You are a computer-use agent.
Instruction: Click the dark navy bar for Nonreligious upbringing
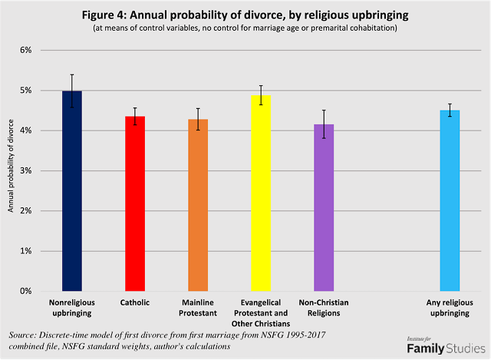coord(71,192)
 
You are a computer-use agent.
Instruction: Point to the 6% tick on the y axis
coord(25,50)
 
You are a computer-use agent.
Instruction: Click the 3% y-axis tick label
coord(25,170)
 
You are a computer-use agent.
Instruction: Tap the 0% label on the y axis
coord(25,291)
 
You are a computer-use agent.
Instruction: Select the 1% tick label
coord(25,251)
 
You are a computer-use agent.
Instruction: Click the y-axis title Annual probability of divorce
coord(11,170)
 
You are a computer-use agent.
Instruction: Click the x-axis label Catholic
coord(135,303)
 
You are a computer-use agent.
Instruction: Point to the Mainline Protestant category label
coord(198,308)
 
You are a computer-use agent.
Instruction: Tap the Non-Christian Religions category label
coord(324,308)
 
